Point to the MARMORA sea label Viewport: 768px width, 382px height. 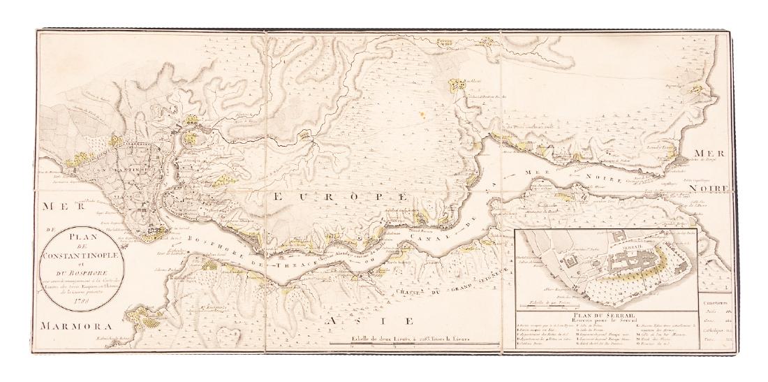click(70, 325)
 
